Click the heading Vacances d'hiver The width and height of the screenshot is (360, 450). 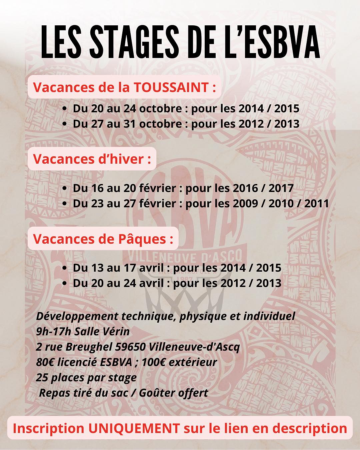point(92,159)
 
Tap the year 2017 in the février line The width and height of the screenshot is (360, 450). point(281,188)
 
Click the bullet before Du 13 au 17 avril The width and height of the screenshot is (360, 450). point(65,268)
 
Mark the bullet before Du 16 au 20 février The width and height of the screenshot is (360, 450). point(65,188)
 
